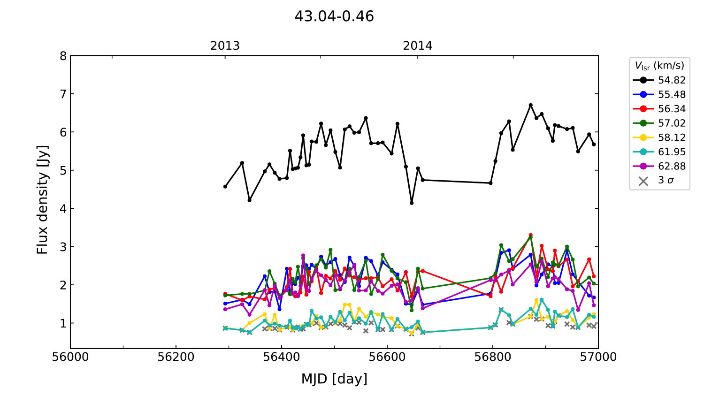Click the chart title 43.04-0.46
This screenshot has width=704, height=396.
334,16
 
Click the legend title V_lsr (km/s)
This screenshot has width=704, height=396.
659,66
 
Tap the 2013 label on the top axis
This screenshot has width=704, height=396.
225,46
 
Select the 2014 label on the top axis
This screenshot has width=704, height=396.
418,46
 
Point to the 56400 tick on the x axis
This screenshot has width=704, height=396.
282,357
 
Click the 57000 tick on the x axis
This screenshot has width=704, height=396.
598,357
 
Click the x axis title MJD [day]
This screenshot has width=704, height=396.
334,379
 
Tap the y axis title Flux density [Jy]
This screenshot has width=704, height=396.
43,200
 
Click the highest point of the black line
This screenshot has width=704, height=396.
531,105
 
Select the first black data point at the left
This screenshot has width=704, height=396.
225,186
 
